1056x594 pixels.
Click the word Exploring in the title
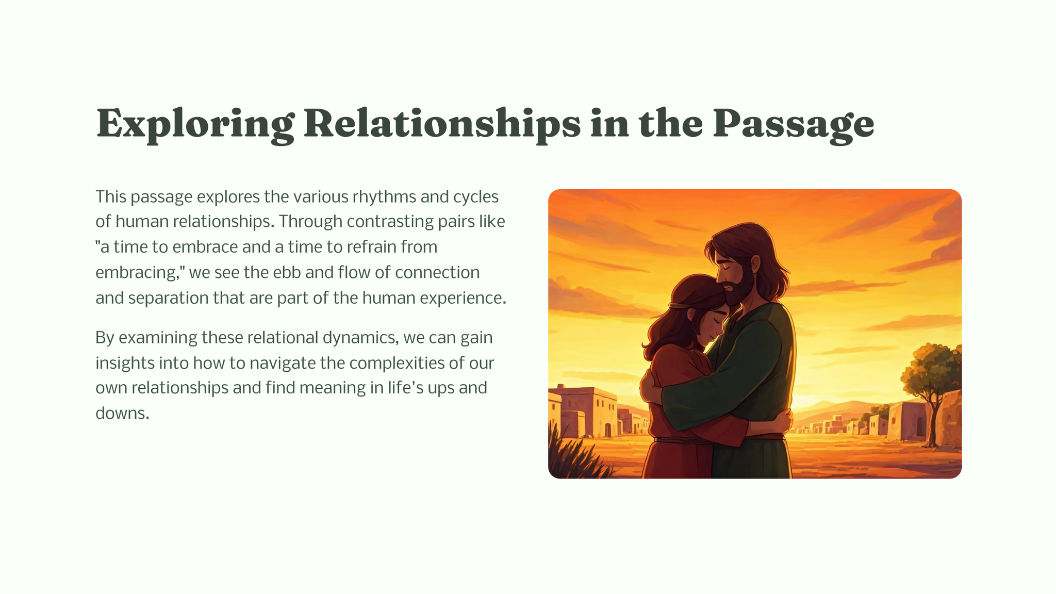(195, 124)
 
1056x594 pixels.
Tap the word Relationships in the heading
(442, 124)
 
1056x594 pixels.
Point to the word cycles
(476, 196)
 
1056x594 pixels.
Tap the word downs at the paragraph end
(122, 413)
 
